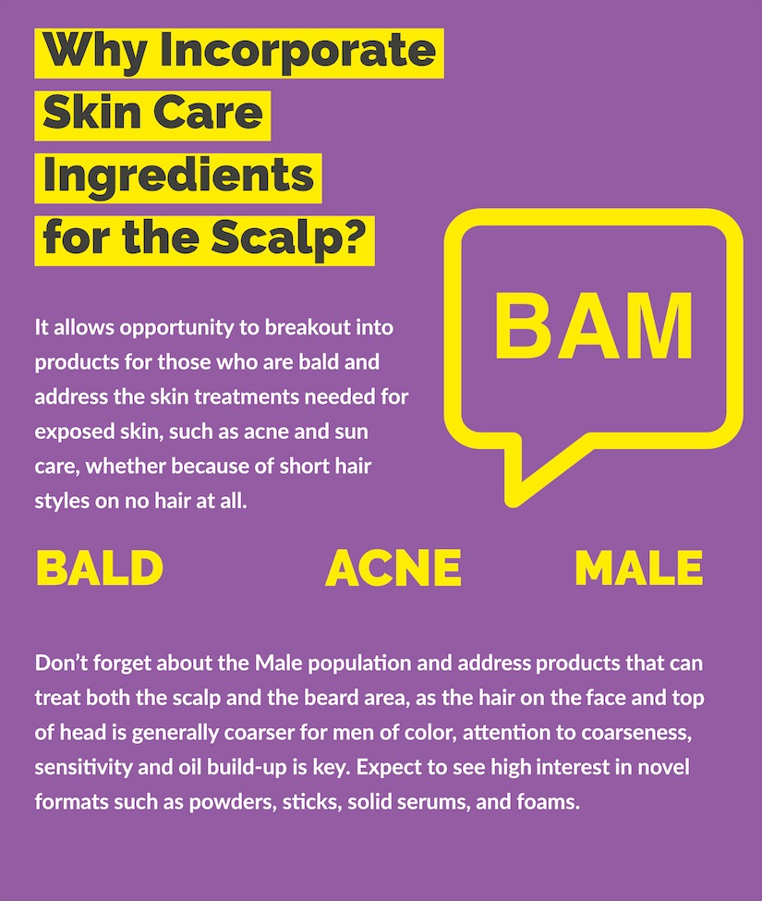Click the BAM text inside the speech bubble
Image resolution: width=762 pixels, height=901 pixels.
coord(594,326)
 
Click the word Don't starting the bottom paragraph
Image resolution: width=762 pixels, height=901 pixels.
coord(62,664)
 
